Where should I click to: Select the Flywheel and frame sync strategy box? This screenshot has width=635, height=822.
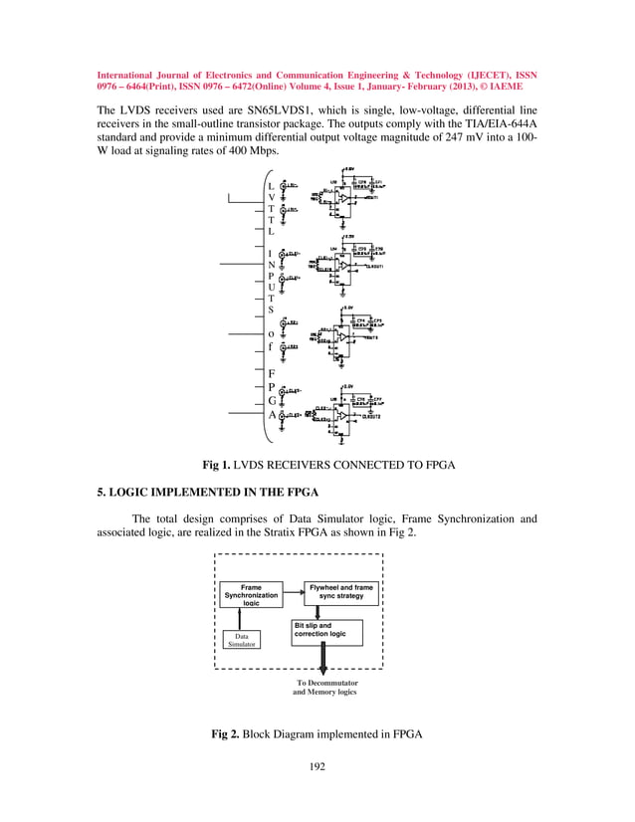[341, 593]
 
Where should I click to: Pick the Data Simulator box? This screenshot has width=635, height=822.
[239, 640]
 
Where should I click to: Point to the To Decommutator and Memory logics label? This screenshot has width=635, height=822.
[324, 688]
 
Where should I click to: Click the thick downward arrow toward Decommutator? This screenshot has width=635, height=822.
[324, 661]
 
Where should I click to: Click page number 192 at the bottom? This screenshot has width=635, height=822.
[317, 766]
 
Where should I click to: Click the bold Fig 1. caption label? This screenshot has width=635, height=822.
[223, 465]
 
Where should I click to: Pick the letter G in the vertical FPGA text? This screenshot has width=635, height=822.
[272, 400]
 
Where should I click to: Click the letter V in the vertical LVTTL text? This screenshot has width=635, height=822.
[272, 198]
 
